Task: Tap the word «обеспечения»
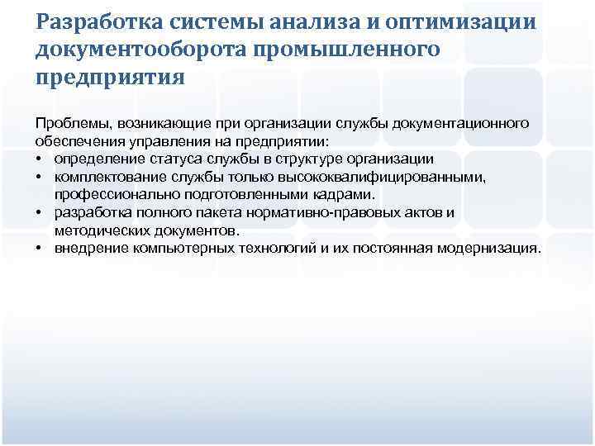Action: pos(79,142)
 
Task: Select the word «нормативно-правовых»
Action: pos(324,213)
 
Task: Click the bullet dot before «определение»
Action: pos(40,159)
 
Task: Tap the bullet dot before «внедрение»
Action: pos(40,249)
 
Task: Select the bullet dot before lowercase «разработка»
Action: pos(40,213)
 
